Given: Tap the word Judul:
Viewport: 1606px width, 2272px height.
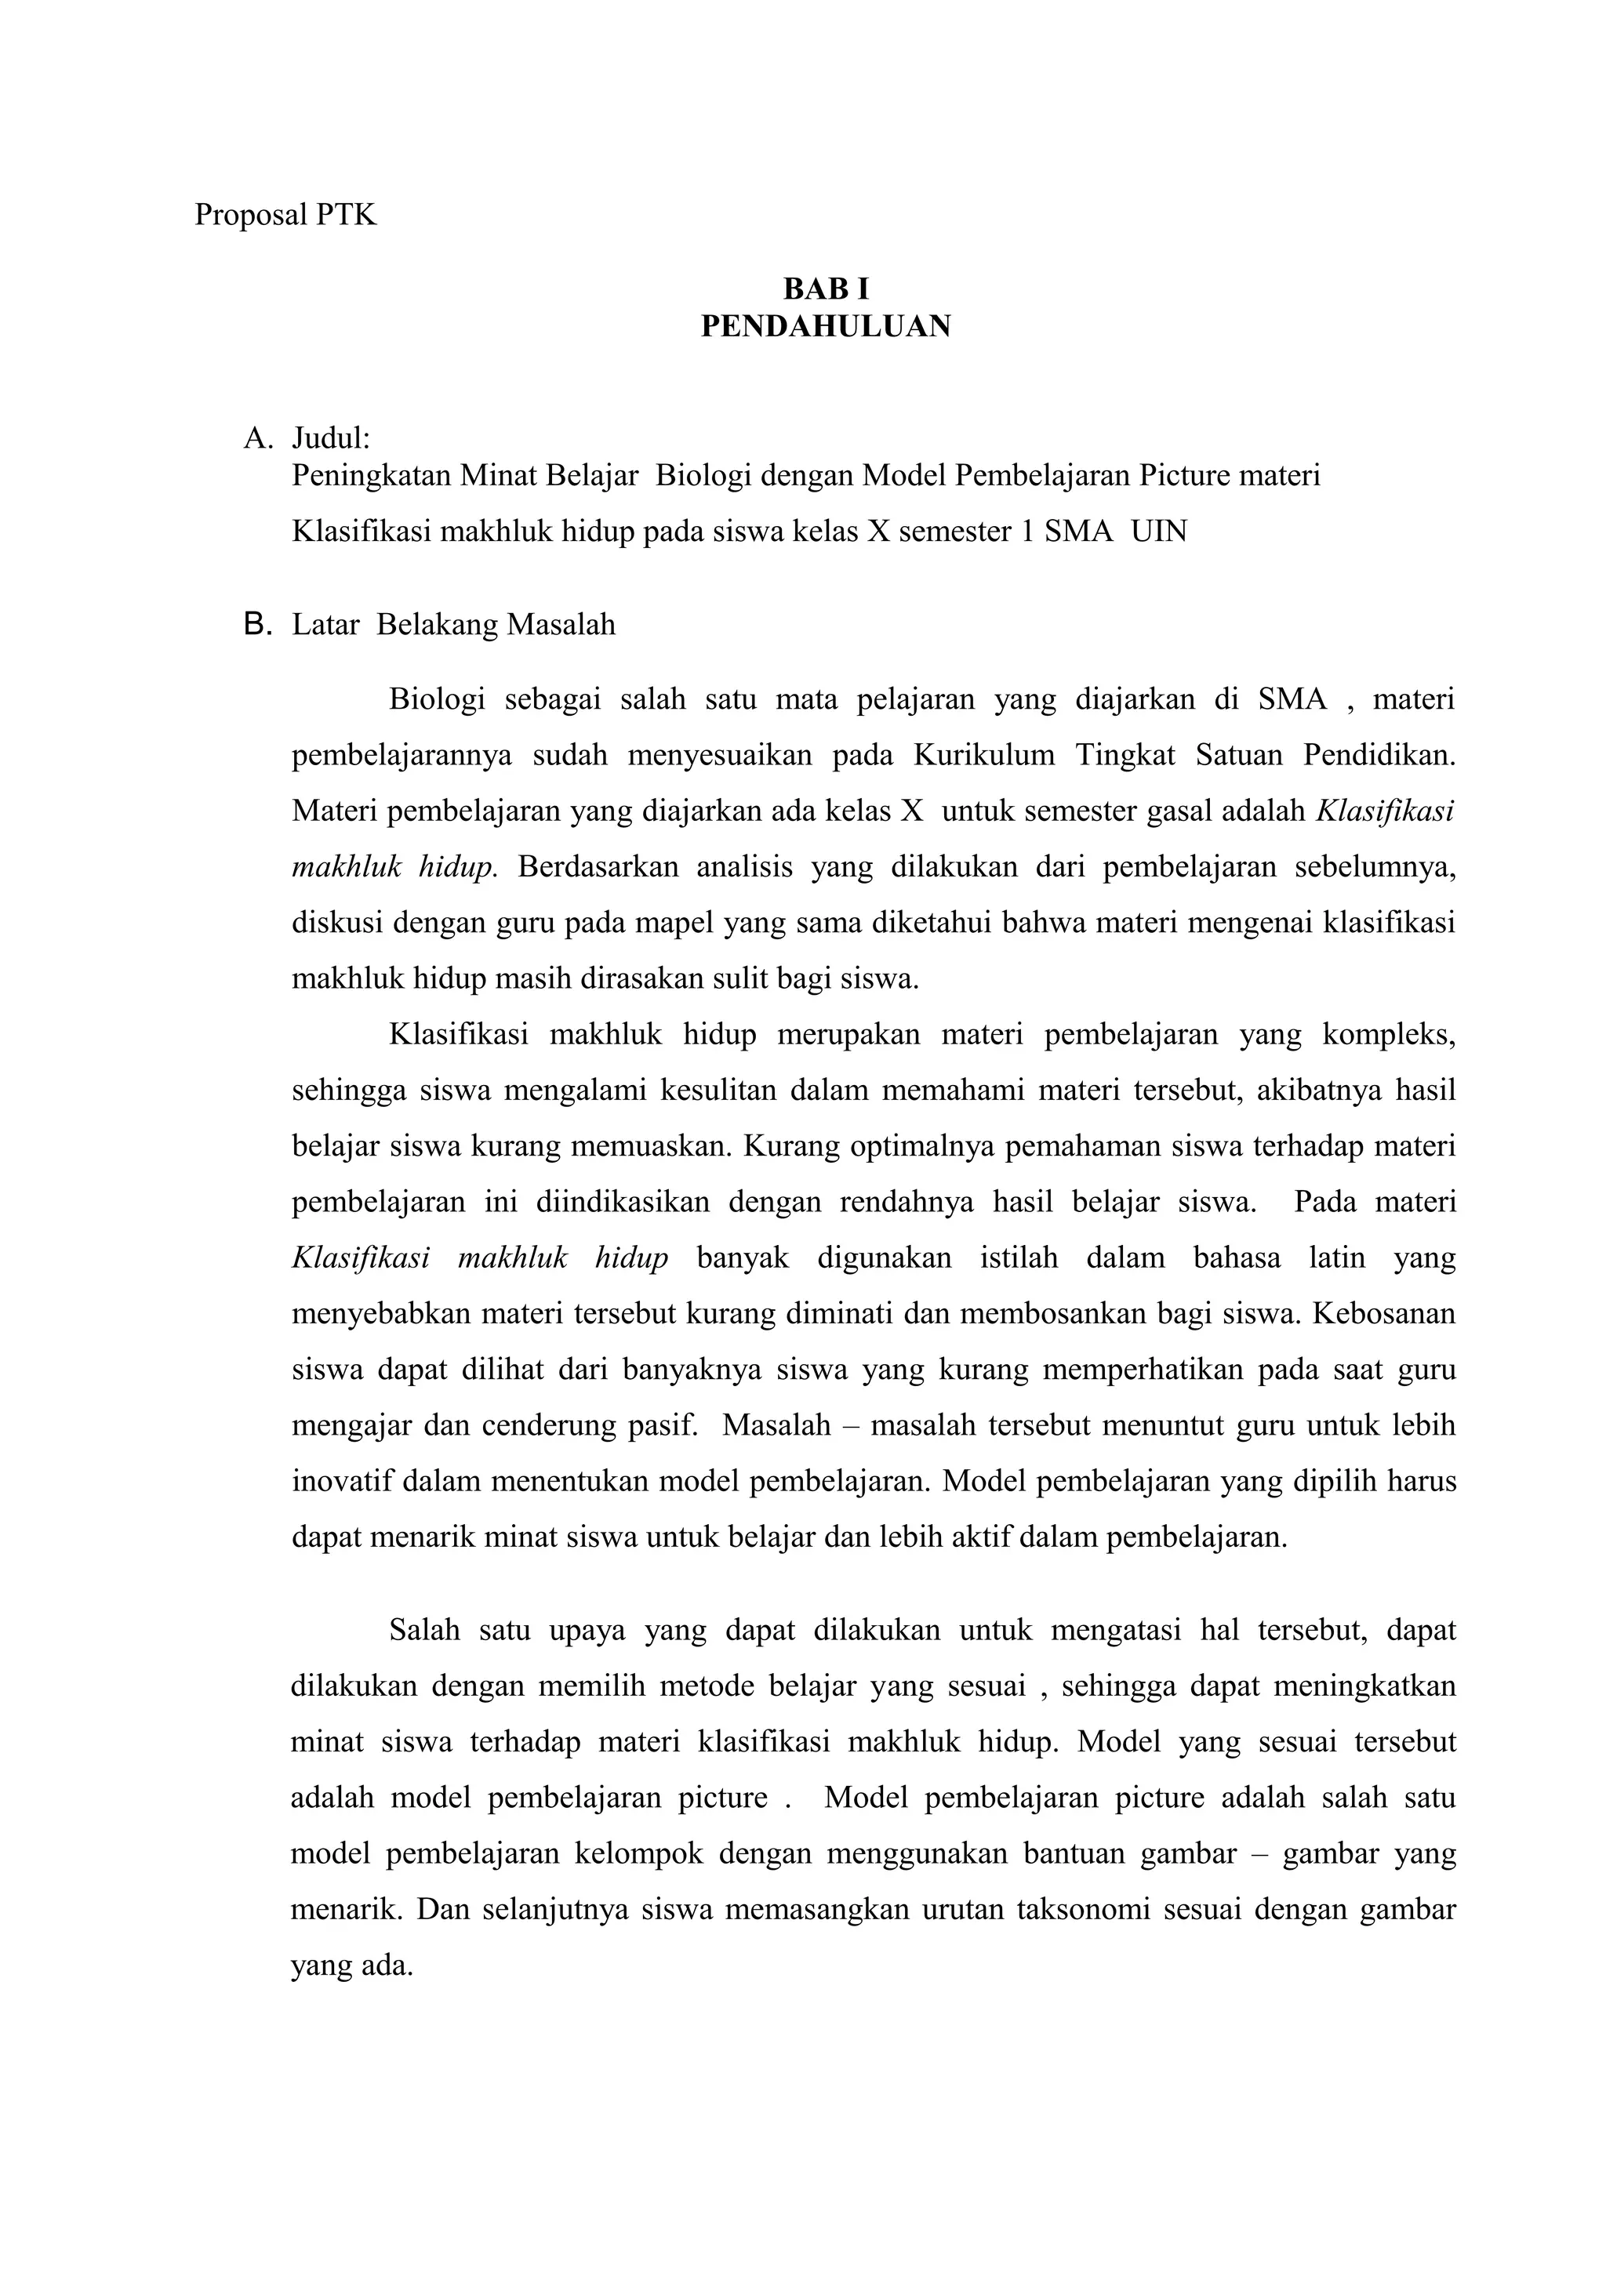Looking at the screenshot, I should coord(330,437).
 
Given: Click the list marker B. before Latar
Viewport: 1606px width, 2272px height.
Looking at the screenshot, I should coord(257,624).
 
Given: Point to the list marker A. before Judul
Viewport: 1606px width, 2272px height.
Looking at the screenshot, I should coord(257,437).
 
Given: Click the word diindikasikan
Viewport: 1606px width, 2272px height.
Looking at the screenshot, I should coord(623,1203).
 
